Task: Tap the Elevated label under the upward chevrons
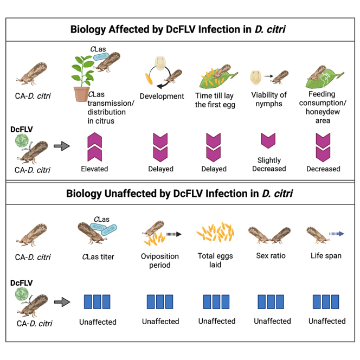[x=94, y=169]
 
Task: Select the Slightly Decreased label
[x=269, y=165]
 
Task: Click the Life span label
[x=326, y=256]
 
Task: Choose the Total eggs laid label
[x=216, y=260]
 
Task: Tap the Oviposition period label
[x=159, y=261]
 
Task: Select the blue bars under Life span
[x=326, y=302]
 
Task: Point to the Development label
[x=162, y=96]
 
